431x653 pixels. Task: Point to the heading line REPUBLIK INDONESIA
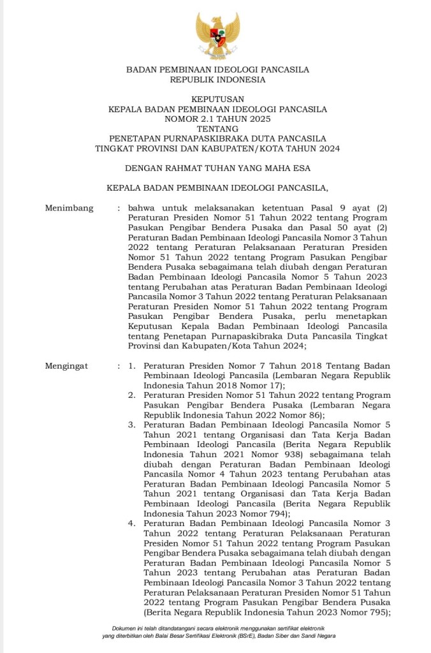(x=217, y=80)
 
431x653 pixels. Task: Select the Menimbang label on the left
(x=69, y=208)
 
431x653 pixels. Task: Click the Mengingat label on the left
(x=67, y=367)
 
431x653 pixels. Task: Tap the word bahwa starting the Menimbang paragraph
(x=141, y=208)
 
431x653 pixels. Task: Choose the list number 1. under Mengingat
(x=132, y=367)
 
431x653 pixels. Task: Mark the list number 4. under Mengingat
(x=132, y=523)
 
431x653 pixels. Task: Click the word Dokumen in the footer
(x=124, y=628)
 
